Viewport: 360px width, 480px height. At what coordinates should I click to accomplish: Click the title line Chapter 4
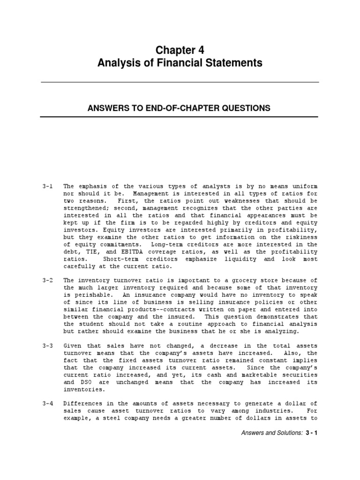180,51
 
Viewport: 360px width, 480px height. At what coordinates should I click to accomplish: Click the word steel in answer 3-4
112,419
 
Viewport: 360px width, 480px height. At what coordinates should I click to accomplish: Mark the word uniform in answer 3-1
304,187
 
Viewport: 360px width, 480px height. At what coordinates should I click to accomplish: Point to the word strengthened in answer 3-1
85,208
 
